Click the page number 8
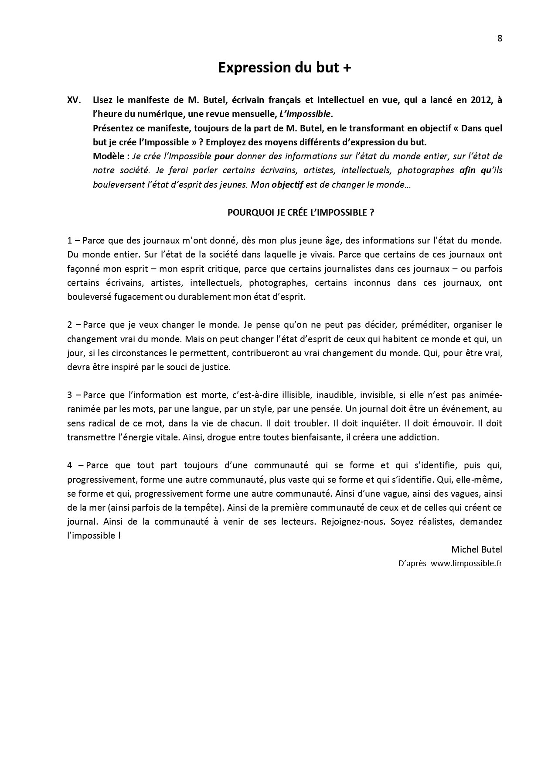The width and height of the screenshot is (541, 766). pos(500,38)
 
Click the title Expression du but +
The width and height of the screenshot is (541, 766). pos(284,68)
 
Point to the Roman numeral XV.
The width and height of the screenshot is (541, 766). pos(74,100)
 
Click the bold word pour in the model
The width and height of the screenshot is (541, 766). pos(225,156)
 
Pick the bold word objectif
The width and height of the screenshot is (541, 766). pos(287,185)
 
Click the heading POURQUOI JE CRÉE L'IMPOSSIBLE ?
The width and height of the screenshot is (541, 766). pos(301,213)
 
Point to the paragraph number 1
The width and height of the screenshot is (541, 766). pos(70,240)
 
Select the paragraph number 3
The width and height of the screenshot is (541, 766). pos(70,395)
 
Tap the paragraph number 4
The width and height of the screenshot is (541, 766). pos(70,465)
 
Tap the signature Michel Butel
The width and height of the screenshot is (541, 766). pos(476,549)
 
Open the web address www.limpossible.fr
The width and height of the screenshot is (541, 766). pos(466,563)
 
